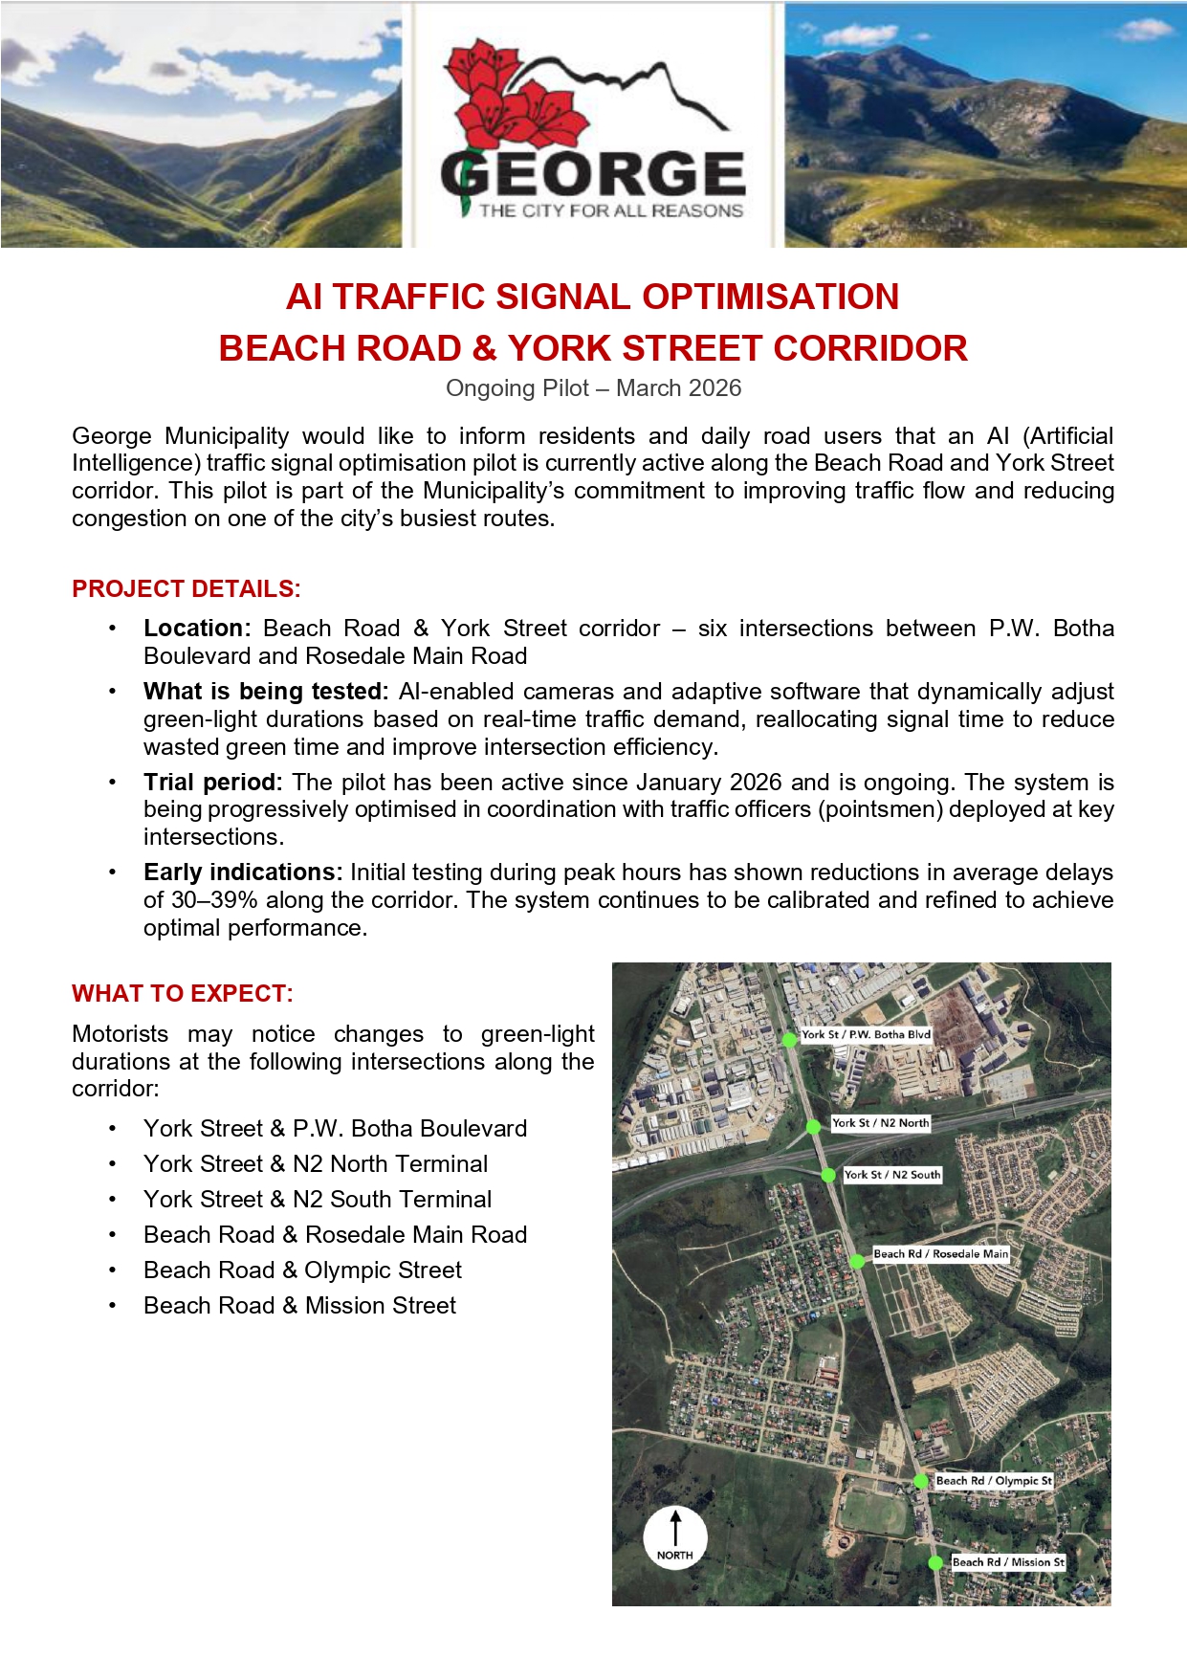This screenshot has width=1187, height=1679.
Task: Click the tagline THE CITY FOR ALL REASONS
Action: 610,210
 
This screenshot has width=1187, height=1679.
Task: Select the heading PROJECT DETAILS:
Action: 187,588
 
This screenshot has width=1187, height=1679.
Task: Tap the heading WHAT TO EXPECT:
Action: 183,993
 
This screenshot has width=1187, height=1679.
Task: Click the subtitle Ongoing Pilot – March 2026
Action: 593,387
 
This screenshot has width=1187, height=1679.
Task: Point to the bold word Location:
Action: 196,629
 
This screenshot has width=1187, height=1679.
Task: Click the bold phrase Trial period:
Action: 212,783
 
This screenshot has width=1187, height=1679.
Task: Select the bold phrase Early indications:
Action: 242,873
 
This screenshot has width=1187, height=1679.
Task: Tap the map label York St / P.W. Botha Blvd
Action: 866,1034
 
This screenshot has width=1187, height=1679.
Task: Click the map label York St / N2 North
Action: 880,1123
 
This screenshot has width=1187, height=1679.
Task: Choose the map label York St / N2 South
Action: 892,1175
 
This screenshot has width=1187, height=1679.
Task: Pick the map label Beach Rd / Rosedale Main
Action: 940,1253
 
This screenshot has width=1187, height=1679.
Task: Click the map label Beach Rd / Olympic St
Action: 994,1480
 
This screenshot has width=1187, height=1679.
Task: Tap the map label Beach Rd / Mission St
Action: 1008,1561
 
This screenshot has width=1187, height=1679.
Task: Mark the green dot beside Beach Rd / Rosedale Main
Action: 857,1262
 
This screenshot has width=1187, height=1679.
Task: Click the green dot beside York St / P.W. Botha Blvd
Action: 789,1040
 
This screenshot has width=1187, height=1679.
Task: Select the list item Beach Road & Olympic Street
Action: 302,1270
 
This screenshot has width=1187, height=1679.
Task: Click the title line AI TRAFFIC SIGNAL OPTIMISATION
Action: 593,297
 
